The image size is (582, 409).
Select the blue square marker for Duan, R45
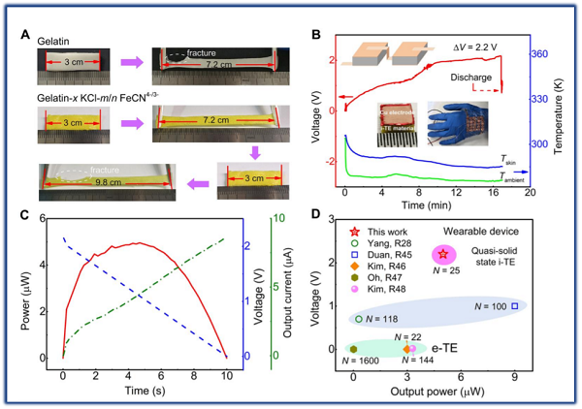click(x=515, y=306)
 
